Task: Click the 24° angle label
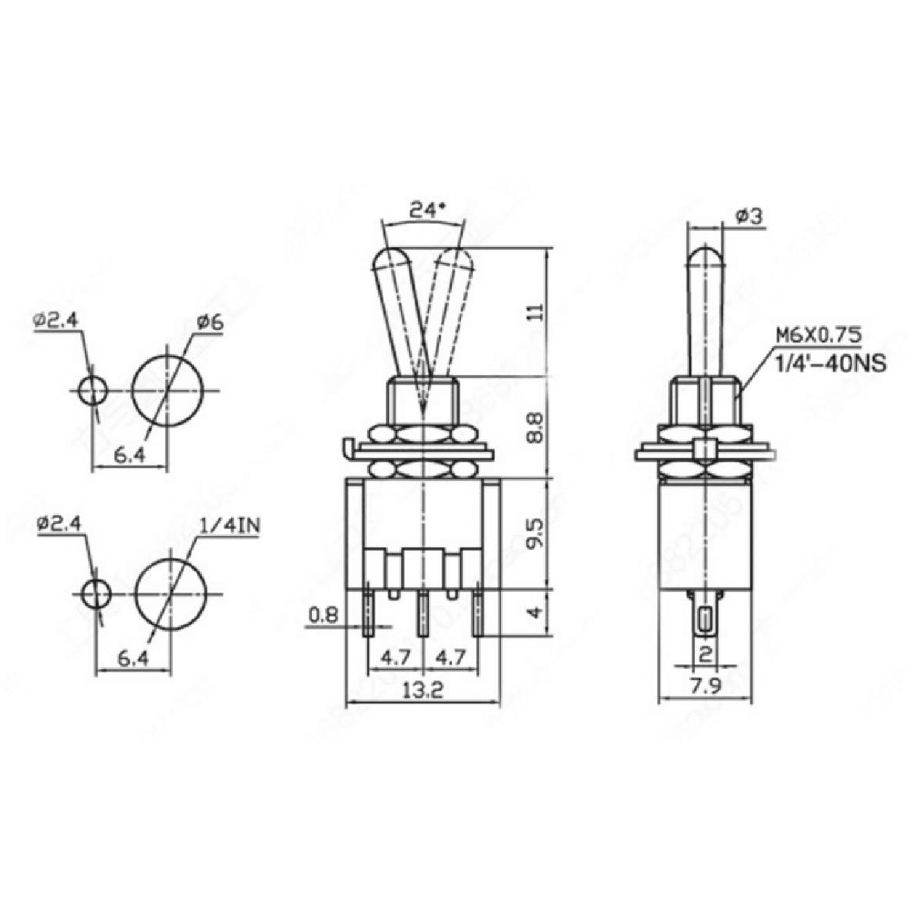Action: [427, 209]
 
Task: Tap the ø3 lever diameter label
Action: [748, 217]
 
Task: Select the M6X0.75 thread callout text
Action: [818, 336]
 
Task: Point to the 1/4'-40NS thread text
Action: [830, 363]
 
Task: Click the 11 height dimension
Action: [535, 312]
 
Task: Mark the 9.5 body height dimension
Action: [535, 532]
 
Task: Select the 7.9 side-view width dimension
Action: [706, 689]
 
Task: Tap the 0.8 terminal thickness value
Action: [323, 615]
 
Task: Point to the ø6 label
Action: [210, 322]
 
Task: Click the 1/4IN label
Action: [229, 526]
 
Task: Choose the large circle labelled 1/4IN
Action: [171, 595]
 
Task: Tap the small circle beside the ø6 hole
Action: [93, 389]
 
